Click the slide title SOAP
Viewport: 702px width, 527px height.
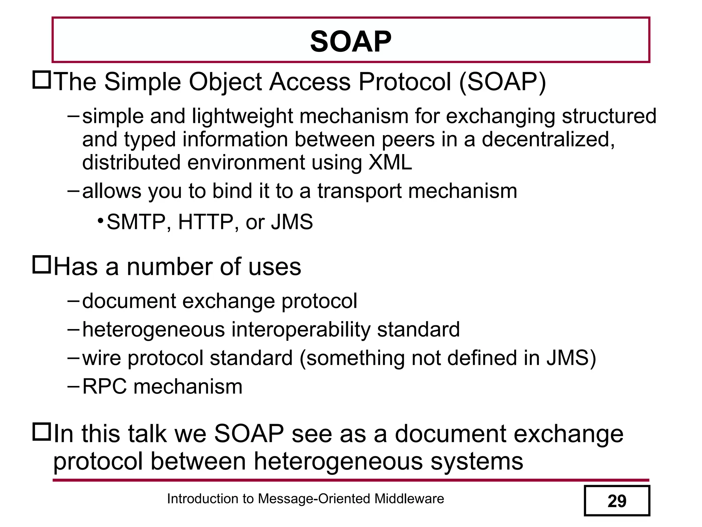(350, 42)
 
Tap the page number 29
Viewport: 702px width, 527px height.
(617, 501)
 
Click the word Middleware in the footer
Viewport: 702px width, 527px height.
(409, 499)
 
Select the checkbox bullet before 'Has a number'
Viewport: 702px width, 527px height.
(41, 265)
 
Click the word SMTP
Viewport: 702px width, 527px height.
(136, 222)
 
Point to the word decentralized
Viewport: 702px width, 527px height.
(548, 139)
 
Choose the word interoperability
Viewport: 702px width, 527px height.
(301, 329)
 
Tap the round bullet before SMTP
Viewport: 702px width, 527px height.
(100, 220)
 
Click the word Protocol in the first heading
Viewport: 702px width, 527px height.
(405, 82)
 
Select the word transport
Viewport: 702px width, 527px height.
(360, 191)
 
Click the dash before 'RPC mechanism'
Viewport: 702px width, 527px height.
(73, 386)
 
